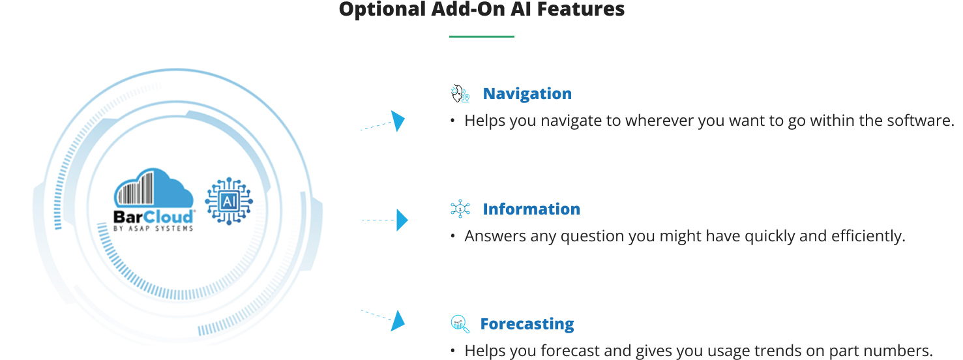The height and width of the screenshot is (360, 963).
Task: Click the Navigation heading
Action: click(527, 94)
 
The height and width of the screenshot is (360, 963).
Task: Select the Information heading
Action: click(531, 209)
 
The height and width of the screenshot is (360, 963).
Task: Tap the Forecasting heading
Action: click(527, 324)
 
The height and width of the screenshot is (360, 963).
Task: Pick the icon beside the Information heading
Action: click(460, 209)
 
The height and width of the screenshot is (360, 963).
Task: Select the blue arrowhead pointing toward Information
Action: click(402, 220)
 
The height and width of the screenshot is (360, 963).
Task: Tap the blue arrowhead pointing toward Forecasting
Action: click(398, 321)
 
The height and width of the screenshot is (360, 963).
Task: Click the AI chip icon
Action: click(229, 201)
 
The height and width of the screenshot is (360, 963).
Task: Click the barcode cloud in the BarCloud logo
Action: click(154, 188)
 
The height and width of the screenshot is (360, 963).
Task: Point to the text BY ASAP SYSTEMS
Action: click(153, 228)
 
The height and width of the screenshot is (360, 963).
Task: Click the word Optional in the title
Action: click(382, 10)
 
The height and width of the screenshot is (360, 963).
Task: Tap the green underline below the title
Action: click(481, 37)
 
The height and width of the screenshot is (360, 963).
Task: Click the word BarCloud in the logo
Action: click(153, 217)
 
